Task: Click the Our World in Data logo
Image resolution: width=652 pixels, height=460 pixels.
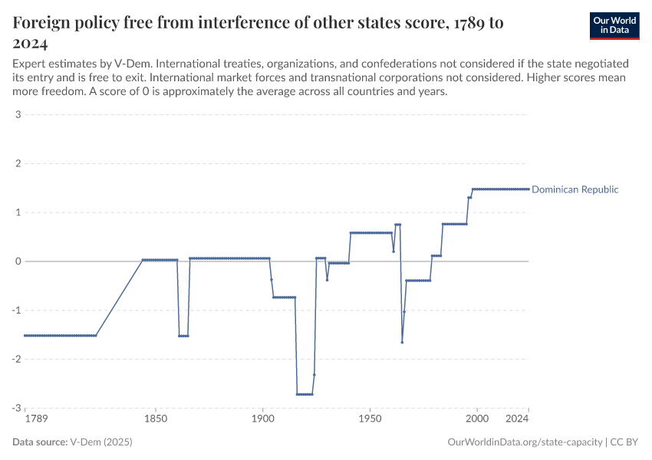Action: (614, 25)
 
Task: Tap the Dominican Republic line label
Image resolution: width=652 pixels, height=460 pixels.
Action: (575, 189)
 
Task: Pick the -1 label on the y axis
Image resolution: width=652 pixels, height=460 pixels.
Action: (15, 310)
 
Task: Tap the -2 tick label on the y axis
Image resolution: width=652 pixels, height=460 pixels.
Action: (15, 359)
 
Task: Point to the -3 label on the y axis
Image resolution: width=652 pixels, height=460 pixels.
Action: (15, 408)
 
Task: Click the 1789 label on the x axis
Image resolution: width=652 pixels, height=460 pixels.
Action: (35, 420)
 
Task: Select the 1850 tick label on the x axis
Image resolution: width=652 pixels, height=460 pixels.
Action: (156, 420)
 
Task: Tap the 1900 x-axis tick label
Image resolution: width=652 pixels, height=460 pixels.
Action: (262, 420)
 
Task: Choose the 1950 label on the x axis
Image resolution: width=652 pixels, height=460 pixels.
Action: (370, 420)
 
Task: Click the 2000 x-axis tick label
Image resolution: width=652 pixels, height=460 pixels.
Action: (477, 420)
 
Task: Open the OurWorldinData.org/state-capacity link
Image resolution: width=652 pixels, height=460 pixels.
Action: (524, 442)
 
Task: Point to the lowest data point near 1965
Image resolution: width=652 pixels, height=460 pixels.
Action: (402, 342)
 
